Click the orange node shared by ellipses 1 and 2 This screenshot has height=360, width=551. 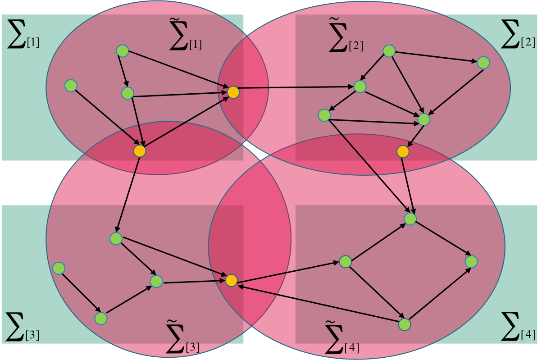(x=233, y=92)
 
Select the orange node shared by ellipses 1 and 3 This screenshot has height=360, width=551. (x=140, y=151)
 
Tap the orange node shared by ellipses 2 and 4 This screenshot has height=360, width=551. (x=403, y=151)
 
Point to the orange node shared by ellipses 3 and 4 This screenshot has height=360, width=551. (x=231, y=280)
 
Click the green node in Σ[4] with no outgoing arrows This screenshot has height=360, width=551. (x=471, y=261)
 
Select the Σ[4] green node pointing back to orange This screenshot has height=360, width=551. (x=405, y=324)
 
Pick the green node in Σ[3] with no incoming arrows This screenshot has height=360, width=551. (x=59, y=268)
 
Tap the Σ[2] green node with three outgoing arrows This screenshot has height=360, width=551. (x=389, y=51)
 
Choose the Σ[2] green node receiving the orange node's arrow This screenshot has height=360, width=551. (x=360, y=87)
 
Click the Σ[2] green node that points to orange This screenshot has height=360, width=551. (x=424, y=119)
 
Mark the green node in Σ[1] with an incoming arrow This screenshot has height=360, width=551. (x=128, y=93)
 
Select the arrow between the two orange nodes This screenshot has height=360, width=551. (x=187, y=122)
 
